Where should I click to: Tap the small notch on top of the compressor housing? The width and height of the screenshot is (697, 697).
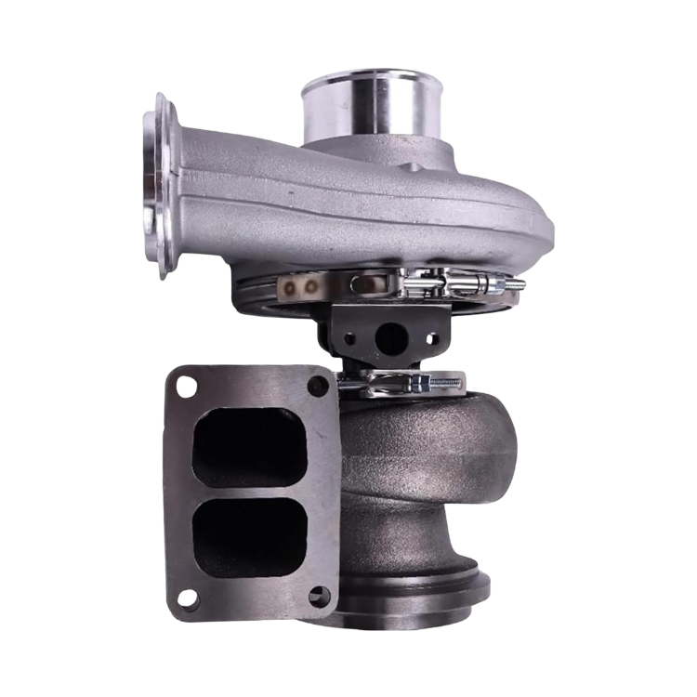tap(409, 167)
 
